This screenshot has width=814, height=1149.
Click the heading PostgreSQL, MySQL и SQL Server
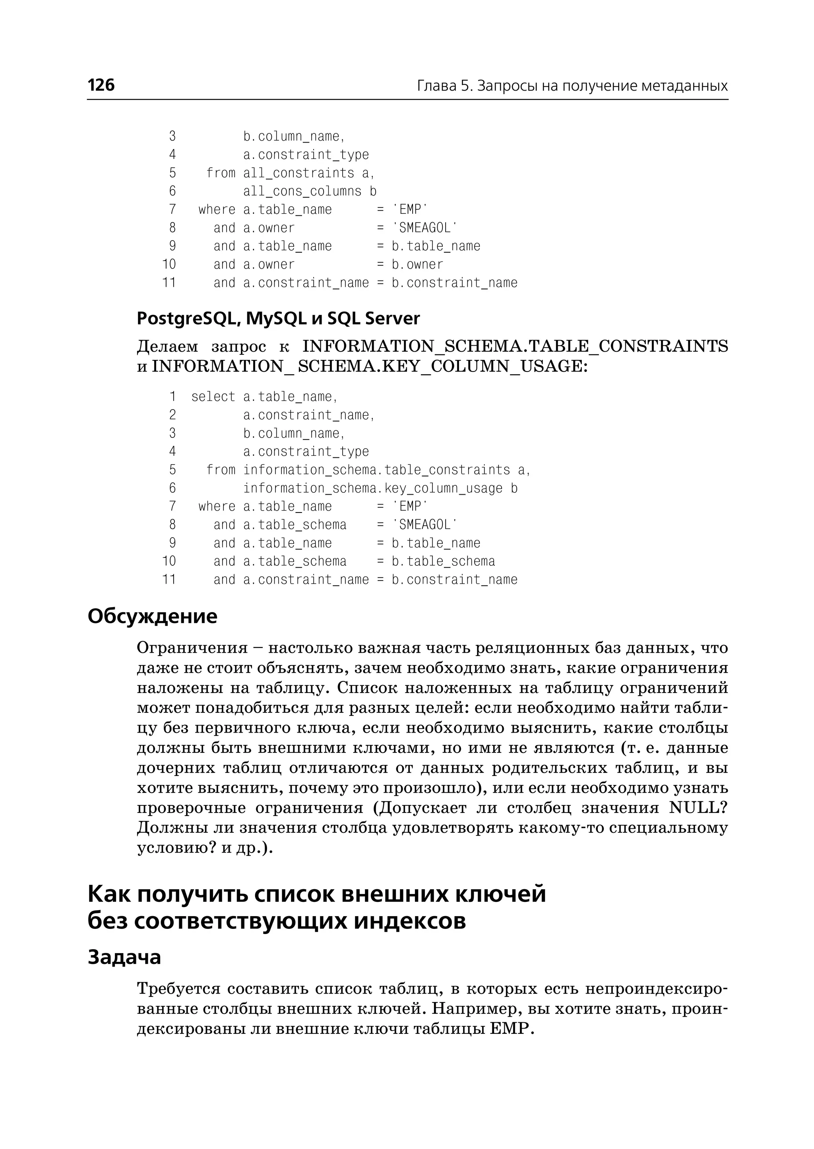(x=278, y=319)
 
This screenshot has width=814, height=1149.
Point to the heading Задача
(x=124, y=957)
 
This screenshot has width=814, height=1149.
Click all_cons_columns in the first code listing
(x=302, y=191)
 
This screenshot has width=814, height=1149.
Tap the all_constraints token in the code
(x=299, y=173)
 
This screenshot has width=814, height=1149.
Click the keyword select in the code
(x=213, y=397)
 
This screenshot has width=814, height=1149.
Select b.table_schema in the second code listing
(x=443, y=562)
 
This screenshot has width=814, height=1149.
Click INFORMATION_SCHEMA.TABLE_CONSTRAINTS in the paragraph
(x=515, y=346)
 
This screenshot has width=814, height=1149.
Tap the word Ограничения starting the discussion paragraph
(x=192, y=648)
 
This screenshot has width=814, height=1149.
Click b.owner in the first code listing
(x=417, y=265)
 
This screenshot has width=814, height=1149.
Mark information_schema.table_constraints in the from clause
(x=376, y=470)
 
